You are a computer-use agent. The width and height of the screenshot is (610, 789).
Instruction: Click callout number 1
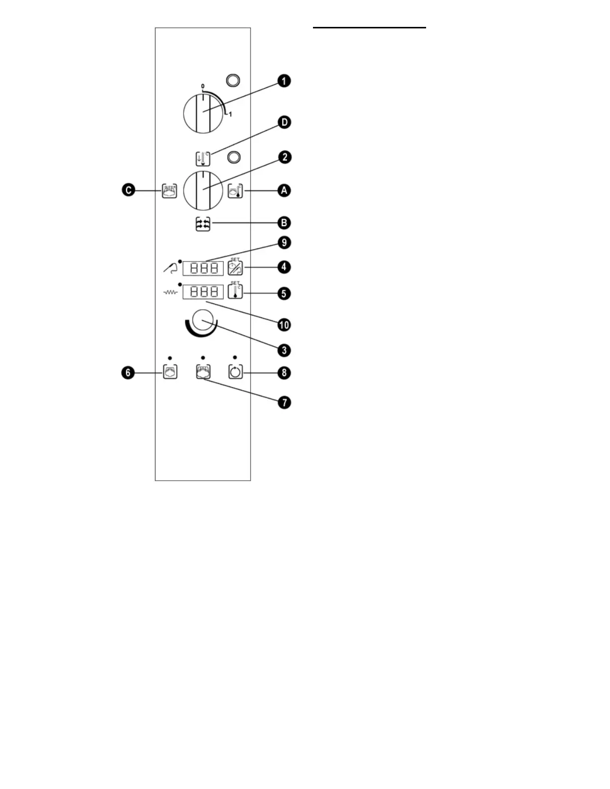pyautogui.click(x=284, y=81)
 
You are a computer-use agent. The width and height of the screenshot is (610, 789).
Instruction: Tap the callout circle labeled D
pyautogui.click(x=284, y=123)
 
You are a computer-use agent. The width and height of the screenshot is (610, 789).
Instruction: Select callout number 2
pyautogui.click(x=284, y=157)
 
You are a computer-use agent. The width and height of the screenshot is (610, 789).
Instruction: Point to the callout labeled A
pyautogui.click(x=284, y=190)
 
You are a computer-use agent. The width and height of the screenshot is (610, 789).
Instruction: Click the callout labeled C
pyautogui.click(x=129, y=190)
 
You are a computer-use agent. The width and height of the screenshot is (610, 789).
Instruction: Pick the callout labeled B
pyautogui.click(x=284, y=223)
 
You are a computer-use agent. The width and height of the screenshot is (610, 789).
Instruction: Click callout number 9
pyautogui.click(x=284, y=243)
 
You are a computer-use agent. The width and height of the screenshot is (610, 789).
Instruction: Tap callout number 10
pyautogui.click(x=284, y=325)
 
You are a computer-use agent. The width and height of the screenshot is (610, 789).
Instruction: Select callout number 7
pyautogui.click(x=284, y=402)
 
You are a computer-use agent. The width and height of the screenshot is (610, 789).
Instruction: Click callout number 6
pyautogui.click(x=129, y=373)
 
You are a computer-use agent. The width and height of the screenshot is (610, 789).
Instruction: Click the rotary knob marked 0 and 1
pyautogui.click(x=203, y=113)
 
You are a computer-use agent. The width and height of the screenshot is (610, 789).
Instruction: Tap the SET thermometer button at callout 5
pyautogui.click(x=235, y=291)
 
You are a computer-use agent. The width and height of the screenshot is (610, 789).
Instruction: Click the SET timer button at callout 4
pyautogui.click(x=235, y=268)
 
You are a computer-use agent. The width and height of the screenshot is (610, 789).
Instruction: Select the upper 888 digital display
pyautogui.click(x=203, y=268)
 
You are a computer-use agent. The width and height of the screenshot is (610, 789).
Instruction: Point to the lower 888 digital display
pyautogui.click(x=203, y=291)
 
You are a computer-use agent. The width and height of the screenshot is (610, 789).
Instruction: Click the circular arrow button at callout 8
pyautogui.click(x=235, y=372)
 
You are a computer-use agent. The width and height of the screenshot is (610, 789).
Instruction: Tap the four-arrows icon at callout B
pyautogui.click(x=203, y=225)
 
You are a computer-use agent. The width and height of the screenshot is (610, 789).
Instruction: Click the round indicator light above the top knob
pyautogui.click(x=233, y=80)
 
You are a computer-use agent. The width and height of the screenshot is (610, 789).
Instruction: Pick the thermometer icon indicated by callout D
pyautogui.click(x=203, y=158)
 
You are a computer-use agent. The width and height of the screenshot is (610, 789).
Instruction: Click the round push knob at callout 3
pyautogui.click(x=203, y=320)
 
